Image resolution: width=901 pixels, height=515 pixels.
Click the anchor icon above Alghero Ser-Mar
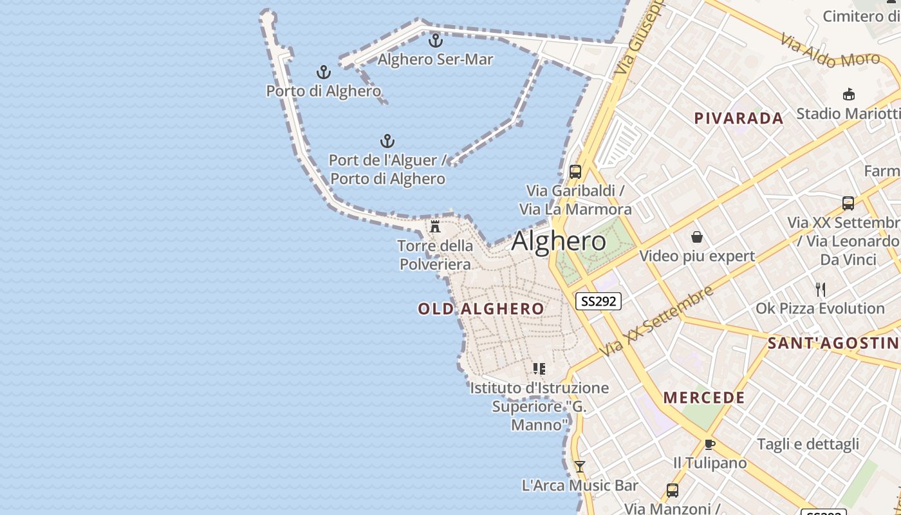[x=436, y=41]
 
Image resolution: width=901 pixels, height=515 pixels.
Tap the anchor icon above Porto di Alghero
[x=324, y=72]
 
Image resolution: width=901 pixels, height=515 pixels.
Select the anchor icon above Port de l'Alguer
[x=387, y=141]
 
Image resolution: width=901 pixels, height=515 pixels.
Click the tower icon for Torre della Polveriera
[x=435, y=227]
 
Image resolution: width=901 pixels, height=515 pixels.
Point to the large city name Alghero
[x=559, y=241]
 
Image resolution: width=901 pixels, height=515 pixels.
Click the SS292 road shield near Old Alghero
[x=598, y=301]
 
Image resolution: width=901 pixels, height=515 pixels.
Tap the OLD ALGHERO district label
[x=481, y=309]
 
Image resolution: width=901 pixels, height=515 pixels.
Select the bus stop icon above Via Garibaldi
[x=575, y=172]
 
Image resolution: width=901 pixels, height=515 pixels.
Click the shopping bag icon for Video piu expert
[x=696, y=238]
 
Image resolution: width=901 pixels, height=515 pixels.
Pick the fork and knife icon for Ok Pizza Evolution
[x=821, y=290]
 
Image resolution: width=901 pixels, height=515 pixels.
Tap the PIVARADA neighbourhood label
[x=739, y=118]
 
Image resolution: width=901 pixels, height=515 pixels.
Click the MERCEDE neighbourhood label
[x=704, y=398]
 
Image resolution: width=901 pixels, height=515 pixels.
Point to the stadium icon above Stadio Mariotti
[x=849, y=95]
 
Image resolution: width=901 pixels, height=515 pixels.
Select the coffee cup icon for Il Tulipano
[x=709, y=444]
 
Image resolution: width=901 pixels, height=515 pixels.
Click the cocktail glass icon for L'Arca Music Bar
[x=580, y=467]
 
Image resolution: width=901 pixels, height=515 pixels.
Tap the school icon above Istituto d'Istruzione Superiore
[x=539, y=369]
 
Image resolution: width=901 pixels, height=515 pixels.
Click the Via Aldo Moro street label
[x=830, y=51]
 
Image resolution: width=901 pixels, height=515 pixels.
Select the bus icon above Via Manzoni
[x=673, y=491]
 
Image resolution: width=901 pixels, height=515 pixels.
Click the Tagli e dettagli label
[x=808, y=444]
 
